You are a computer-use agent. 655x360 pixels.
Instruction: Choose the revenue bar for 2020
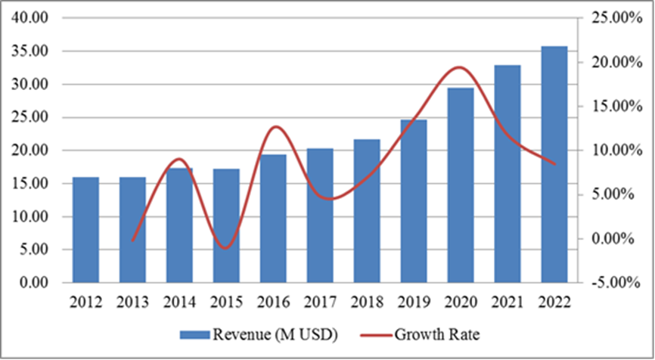(461, 185)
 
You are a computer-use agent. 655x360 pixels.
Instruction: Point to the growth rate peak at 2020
(461, 67)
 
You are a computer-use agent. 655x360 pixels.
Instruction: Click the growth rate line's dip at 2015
(226, 247)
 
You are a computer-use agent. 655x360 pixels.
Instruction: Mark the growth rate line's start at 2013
(133, 240)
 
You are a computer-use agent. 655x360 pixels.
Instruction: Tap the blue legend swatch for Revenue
(194, 334)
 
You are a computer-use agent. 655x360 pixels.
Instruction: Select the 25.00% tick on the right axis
(616, 17)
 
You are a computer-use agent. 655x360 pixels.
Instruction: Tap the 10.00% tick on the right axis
(616, 151)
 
